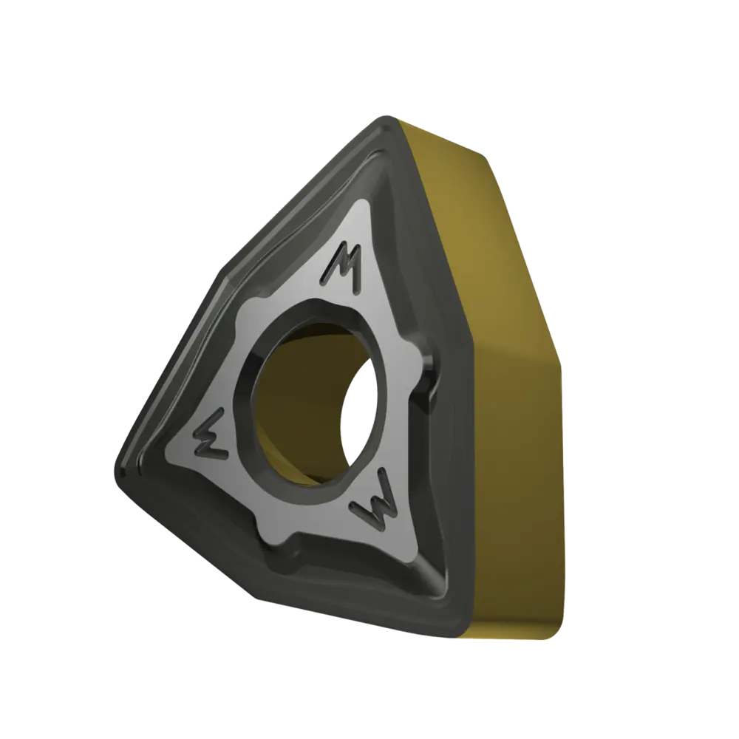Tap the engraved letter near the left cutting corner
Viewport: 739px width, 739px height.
[211, 434]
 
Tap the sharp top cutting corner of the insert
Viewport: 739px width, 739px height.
[387, 118]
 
